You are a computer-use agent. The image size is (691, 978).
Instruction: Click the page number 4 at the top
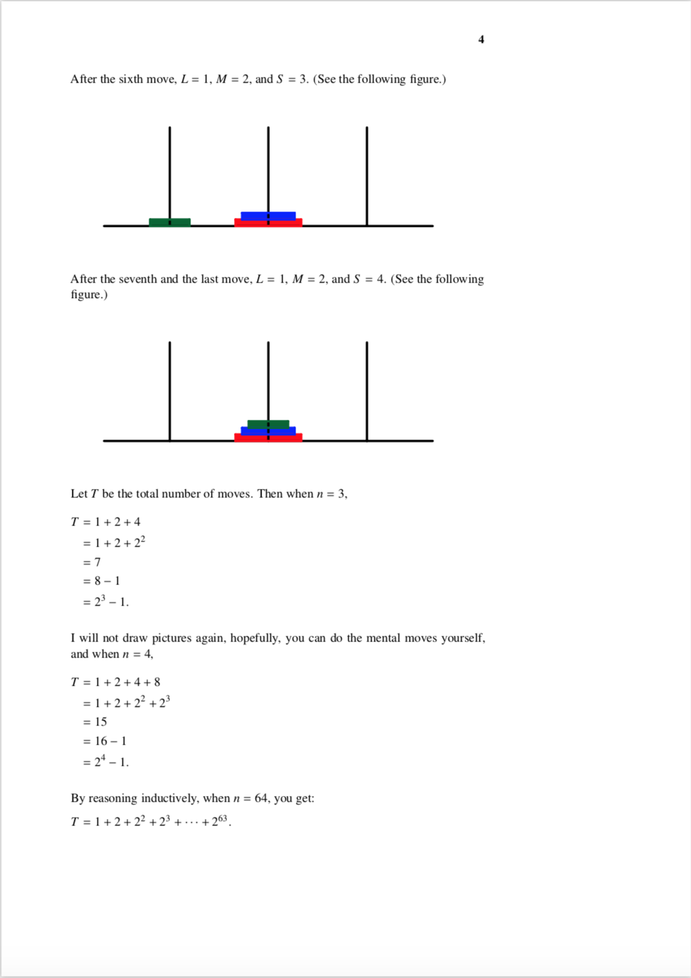click(x=481, y=40)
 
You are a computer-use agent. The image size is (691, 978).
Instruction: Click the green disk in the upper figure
click(x=170, y=222)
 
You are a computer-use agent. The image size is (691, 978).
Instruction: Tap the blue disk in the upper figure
click(x=268, y=215)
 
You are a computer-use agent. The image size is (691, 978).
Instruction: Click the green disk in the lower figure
click(x=268, y=424)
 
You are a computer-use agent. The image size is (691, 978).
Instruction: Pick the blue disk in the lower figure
click(x=268, y=431)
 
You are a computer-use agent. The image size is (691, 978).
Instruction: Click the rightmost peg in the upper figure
click(x=367, y=173)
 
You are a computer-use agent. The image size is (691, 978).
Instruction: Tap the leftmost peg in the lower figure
click(x=170, y=388)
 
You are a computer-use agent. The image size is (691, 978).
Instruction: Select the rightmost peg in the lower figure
click(x=367, y=388)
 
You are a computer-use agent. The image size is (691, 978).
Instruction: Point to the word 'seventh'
click(x=138, y=279)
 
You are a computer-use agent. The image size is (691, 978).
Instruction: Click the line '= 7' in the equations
click(x=92, y=562)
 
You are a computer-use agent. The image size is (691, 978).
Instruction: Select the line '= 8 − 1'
click(x=101, y=581)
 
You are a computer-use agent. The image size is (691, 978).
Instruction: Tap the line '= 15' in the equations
click(x=95, y=722)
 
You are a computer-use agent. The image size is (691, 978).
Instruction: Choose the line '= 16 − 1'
click(x=104, y=742)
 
